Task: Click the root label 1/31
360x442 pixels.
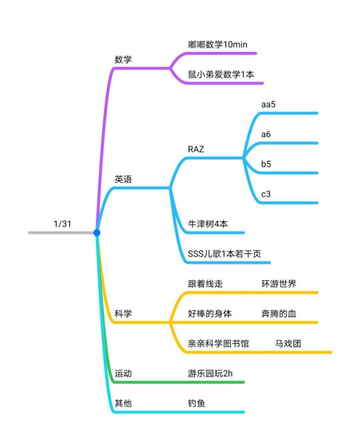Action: (62, 224)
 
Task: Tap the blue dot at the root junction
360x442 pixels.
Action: (97, 233)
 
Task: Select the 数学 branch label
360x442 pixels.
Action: (123, 59)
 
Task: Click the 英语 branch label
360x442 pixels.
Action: (123, 179)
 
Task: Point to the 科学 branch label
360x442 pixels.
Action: (123, 313)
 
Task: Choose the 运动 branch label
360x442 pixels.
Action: (123, 373)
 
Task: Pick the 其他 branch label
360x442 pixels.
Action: (123, 403)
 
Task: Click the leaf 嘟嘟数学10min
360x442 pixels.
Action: (217, 45)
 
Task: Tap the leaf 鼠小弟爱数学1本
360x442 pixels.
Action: (221, 75)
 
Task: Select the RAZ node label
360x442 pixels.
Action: (196, 149)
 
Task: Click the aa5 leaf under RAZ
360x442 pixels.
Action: (269, 104)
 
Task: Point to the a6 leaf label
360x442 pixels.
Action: (266, 134)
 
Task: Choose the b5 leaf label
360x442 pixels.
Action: (266, 164)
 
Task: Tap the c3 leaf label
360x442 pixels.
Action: (266, 194)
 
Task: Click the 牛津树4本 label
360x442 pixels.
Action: (208, 224)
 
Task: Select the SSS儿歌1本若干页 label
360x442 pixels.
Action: (225, 254)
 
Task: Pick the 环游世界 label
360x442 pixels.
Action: (279, 283)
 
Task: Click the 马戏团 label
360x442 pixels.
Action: (288, 343)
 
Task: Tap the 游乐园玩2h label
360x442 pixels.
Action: (210, 373)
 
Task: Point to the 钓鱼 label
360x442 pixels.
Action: (197, 403)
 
